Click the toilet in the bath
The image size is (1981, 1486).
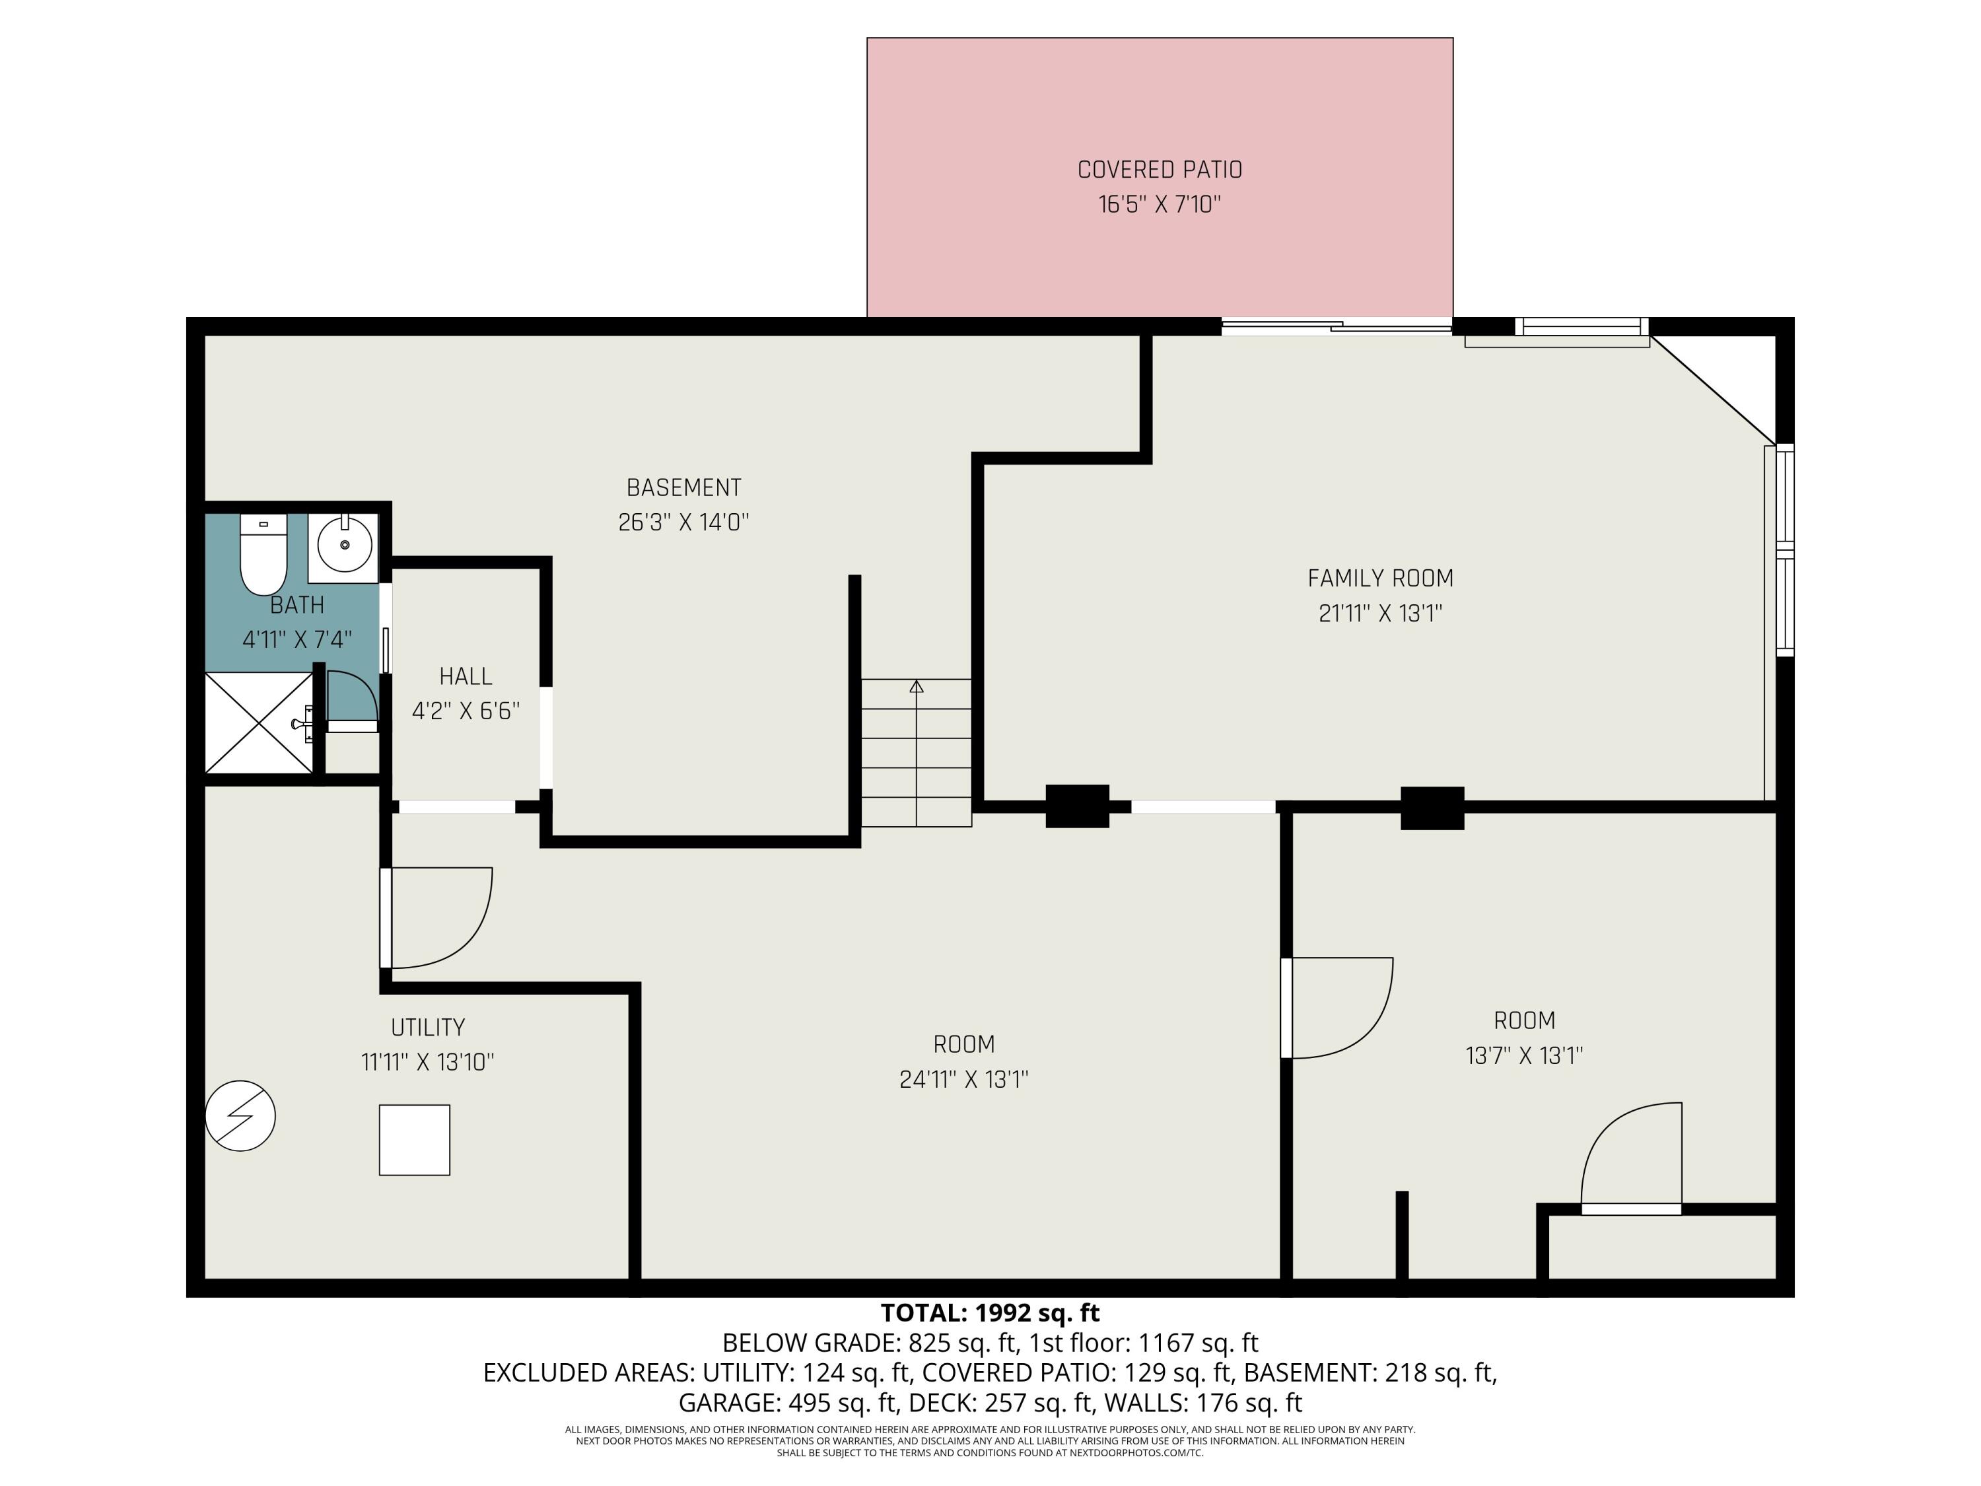(x=263, y=555)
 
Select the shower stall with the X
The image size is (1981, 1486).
(x=259, y=722)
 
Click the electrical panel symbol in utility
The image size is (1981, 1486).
(x=240, y=1116)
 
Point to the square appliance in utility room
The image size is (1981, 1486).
(x=414, y=1139)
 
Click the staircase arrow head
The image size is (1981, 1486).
(x=916, y=686)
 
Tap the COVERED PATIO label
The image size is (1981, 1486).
(x=1159, y=169)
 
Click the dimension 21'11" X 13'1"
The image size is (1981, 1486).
(x=1380, y=614)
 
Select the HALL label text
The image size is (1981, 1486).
(x=466, y=676)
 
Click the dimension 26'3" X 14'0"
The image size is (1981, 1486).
(x=683, y=522)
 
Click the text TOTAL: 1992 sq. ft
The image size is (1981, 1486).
(x=990, y=1313)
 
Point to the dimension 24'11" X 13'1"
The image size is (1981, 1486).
(x=963, y=1079)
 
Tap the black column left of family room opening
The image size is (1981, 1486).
(x=1078, y=806)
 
